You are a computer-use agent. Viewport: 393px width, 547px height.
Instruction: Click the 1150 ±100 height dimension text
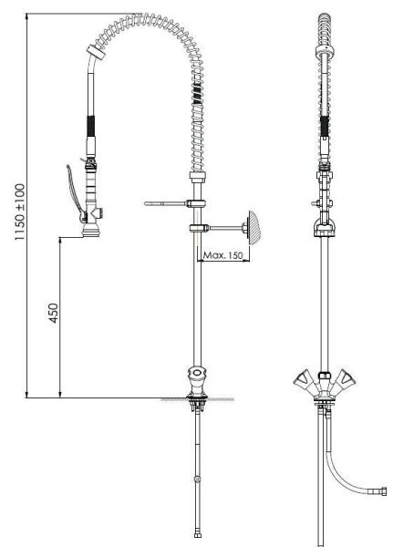(x=20, y=212)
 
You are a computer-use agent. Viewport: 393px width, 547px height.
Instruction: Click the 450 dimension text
(x=54, y=313)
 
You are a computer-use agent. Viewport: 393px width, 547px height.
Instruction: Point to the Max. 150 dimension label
(x=223, y=255)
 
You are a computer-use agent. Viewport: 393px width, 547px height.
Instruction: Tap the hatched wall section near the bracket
(x=253, y=225)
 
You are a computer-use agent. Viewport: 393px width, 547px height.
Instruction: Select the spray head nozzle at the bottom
(x=91, y=231)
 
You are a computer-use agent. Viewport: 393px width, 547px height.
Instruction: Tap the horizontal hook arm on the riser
(x=165, y=203)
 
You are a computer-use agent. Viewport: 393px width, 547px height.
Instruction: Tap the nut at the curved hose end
(x=384, y=491)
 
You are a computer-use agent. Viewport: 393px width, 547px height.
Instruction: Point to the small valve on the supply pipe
(x=198, y=479)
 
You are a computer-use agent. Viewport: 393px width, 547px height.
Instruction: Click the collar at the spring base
(x=198, y=177)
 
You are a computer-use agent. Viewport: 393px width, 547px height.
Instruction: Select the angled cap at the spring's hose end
(x=96, y=52)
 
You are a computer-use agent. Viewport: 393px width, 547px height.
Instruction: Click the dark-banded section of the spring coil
(x=197, y=94)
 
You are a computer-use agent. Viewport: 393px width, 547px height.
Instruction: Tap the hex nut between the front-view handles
(x=325, y=376)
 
